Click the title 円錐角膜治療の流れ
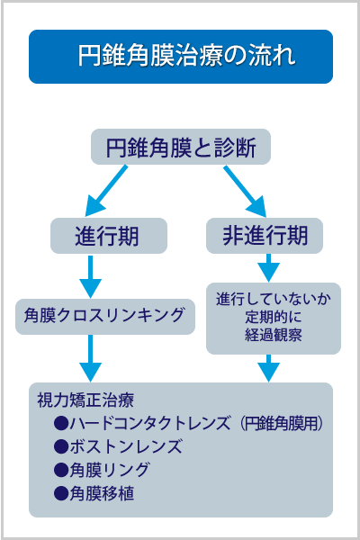(180, 56)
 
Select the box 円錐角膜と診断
(180, 147)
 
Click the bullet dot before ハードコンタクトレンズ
(61, 422)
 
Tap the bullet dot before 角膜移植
(61, 492)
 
